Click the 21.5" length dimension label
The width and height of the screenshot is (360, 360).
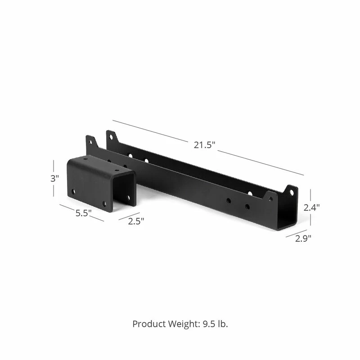click(x=205, y=145)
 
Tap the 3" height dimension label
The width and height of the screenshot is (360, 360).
click(x=54, y=178)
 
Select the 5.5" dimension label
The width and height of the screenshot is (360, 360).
click(x=84, y=213)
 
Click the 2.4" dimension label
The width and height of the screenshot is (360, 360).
click(x=311, y=207)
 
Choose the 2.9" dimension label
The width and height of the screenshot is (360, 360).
click(x=303, y=238)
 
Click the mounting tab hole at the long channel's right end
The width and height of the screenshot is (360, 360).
click(x=292, y=193)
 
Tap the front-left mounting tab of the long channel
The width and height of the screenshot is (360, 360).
click(x=91, y=142)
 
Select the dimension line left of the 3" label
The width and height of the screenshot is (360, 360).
click(x=54, y=178)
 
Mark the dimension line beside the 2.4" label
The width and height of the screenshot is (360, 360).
click(x=310, y=207)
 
